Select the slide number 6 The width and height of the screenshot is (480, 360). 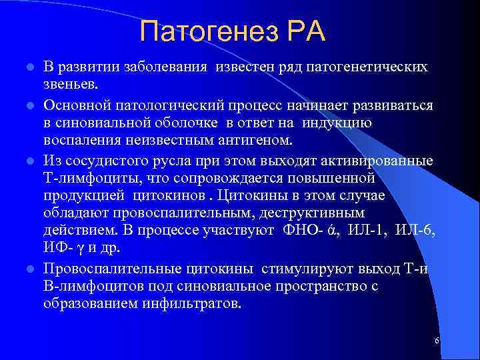click(x=437, y=341)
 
